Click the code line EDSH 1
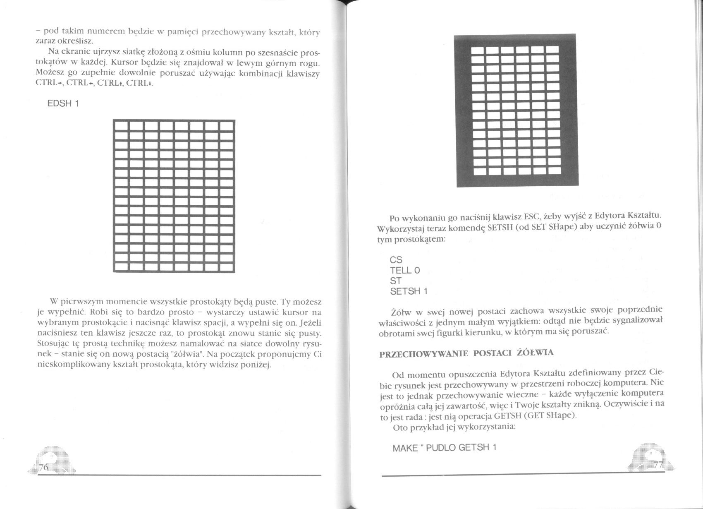63,103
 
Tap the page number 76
43,467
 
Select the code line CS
396,260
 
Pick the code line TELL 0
405,270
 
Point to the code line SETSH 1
409,291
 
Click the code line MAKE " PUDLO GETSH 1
444,448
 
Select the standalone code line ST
395,281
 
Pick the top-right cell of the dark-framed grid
552,50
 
